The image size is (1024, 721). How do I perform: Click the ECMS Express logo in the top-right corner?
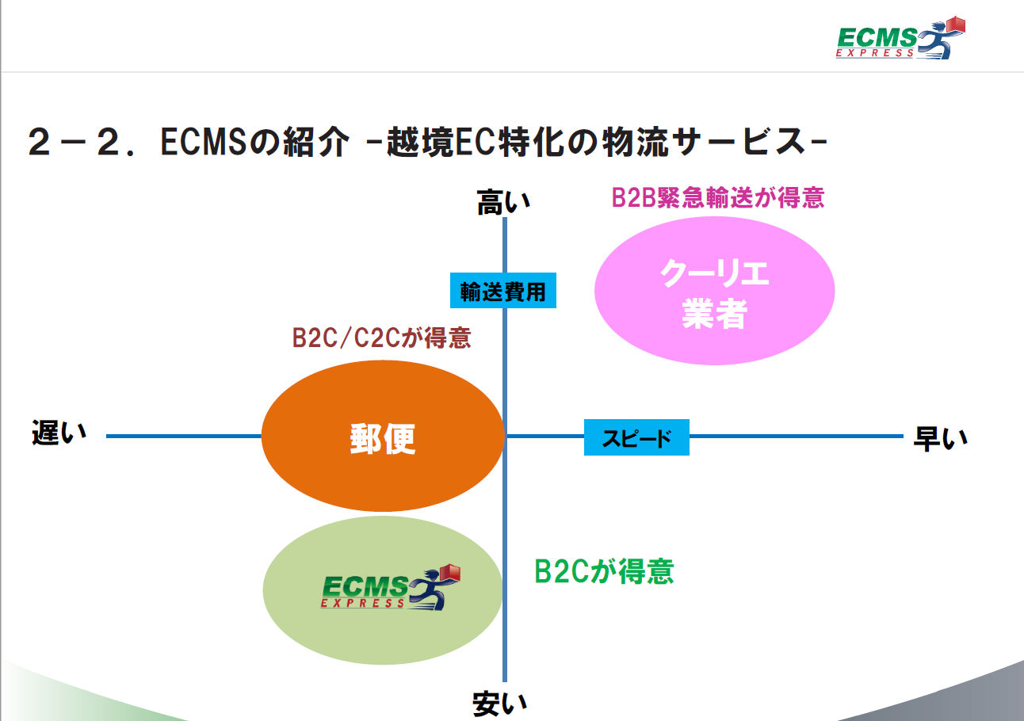coord(900,38)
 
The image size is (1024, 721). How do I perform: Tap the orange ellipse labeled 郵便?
coord(383,436)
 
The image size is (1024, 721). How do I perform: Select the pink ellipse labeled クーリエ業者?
coord(715,291)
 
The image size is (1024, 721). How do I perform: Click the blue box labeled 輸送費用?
coord(502,291)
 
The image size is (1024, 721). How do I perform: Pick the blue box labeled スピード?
coord(636,437)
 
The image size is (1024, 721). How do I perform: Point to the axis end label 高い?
coord(503,202)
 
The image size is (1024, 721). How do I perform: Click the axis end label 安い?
coord(499,704)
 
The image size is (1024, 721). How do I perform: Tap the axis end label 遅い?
coord(59,433)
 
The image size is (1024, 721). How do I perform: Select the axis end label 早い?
coord(941,439)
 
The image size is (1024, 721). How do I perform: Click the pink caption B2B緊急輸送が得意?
coord(718,198)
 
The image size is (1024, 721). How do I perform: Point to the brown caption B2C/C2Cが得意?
coord(381,338)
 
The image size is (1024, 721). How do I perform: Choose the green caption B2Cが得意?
coord(604,571)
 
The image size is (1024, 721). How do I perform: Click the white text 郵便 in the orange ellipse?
coord(383,439)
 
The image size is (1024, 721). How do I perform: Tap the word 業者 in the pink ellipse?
coord(715,314)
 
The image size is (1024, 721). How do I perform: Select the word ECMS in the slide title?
coord(204,142)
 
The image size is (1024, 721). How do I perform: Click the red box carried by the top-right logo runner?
coord(955,25)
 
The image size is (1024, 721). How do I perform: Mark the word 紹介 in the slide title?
coord(316,142)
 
